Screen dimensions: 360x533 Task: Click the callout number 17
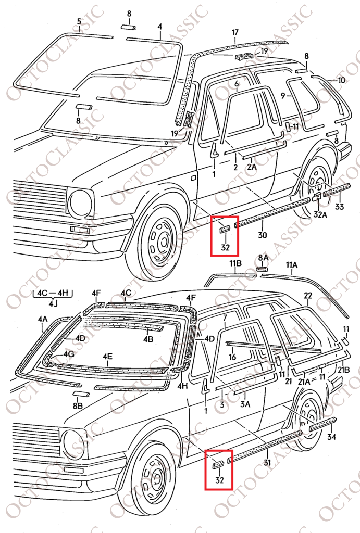[235, 33]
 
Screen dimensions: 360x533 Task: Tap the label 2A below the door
[252, 167]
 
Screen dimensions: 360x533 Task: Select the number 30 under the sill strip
[263, 235]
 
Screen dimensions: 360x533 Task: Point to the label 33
[340, 206]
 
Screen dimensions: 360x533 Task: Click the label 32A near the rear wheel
[320, 215]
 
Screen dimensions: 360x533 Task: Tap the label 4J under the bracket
[52, 303]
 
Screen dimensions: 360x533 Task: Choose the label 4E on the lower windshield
[108, 357]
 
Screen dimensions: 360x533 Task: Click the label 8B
[78, 405]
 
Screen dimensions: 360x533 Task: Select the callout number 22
[307, 296]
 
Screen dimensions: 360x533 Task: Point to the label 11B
[235, 263]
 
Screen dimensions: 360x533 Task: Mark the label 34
[331, 437]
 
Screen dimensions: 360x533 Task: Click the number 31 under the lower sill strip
[267, 462]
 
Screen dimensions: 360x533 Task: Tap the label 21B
[344, 370]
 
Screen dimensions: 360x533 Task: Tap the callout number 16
[232, 357]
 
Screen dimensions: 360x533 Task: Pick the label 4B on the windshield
[148, 339]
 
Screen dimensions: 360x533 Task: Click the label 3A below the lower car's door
[245, 404]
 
